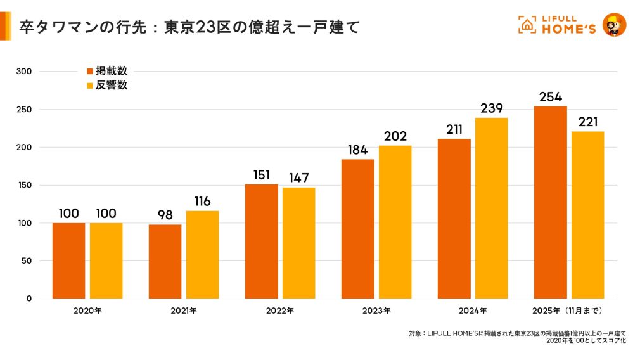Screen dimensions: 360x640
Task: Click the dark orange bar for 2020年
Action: click(x=68, y=260)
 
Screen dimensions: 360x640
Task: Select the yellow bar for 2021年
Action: click(x=202, y=255)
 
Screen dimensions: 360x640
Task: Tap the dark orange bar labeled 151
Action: click(x=261, y=241)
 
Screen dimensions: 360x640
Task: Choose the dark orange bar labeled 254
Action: click(x=550, y=202)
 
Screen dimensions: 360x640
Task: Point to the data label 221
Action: click(x=587, y=122)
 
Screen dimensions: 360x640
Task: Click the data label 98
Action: click(x=165, y=215)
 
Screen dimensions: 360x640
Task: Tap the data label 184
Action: click(x=357, y=150)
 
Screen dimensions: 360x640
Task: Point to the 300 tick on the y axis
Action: click(x=25, y=72)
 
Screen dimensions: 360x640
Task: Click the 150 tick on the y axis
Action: click(x=25, y=185)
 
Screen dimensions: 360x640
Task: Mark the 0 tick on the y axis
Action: click(x=29, y=299)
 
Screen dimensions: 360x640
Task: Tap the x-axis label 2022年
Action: click(x=280, y=311)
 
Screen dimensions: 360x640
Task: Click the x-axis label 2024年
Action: click(x=473, y=311)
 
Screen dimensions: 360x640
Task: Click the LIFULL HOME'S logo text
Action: click(x=565, y=25)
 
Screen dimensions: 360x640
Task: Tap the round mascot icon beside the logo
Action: click(x=613, y=25)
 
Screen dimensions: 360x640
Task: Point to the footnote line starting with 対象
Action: click(x=517, y=333)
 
